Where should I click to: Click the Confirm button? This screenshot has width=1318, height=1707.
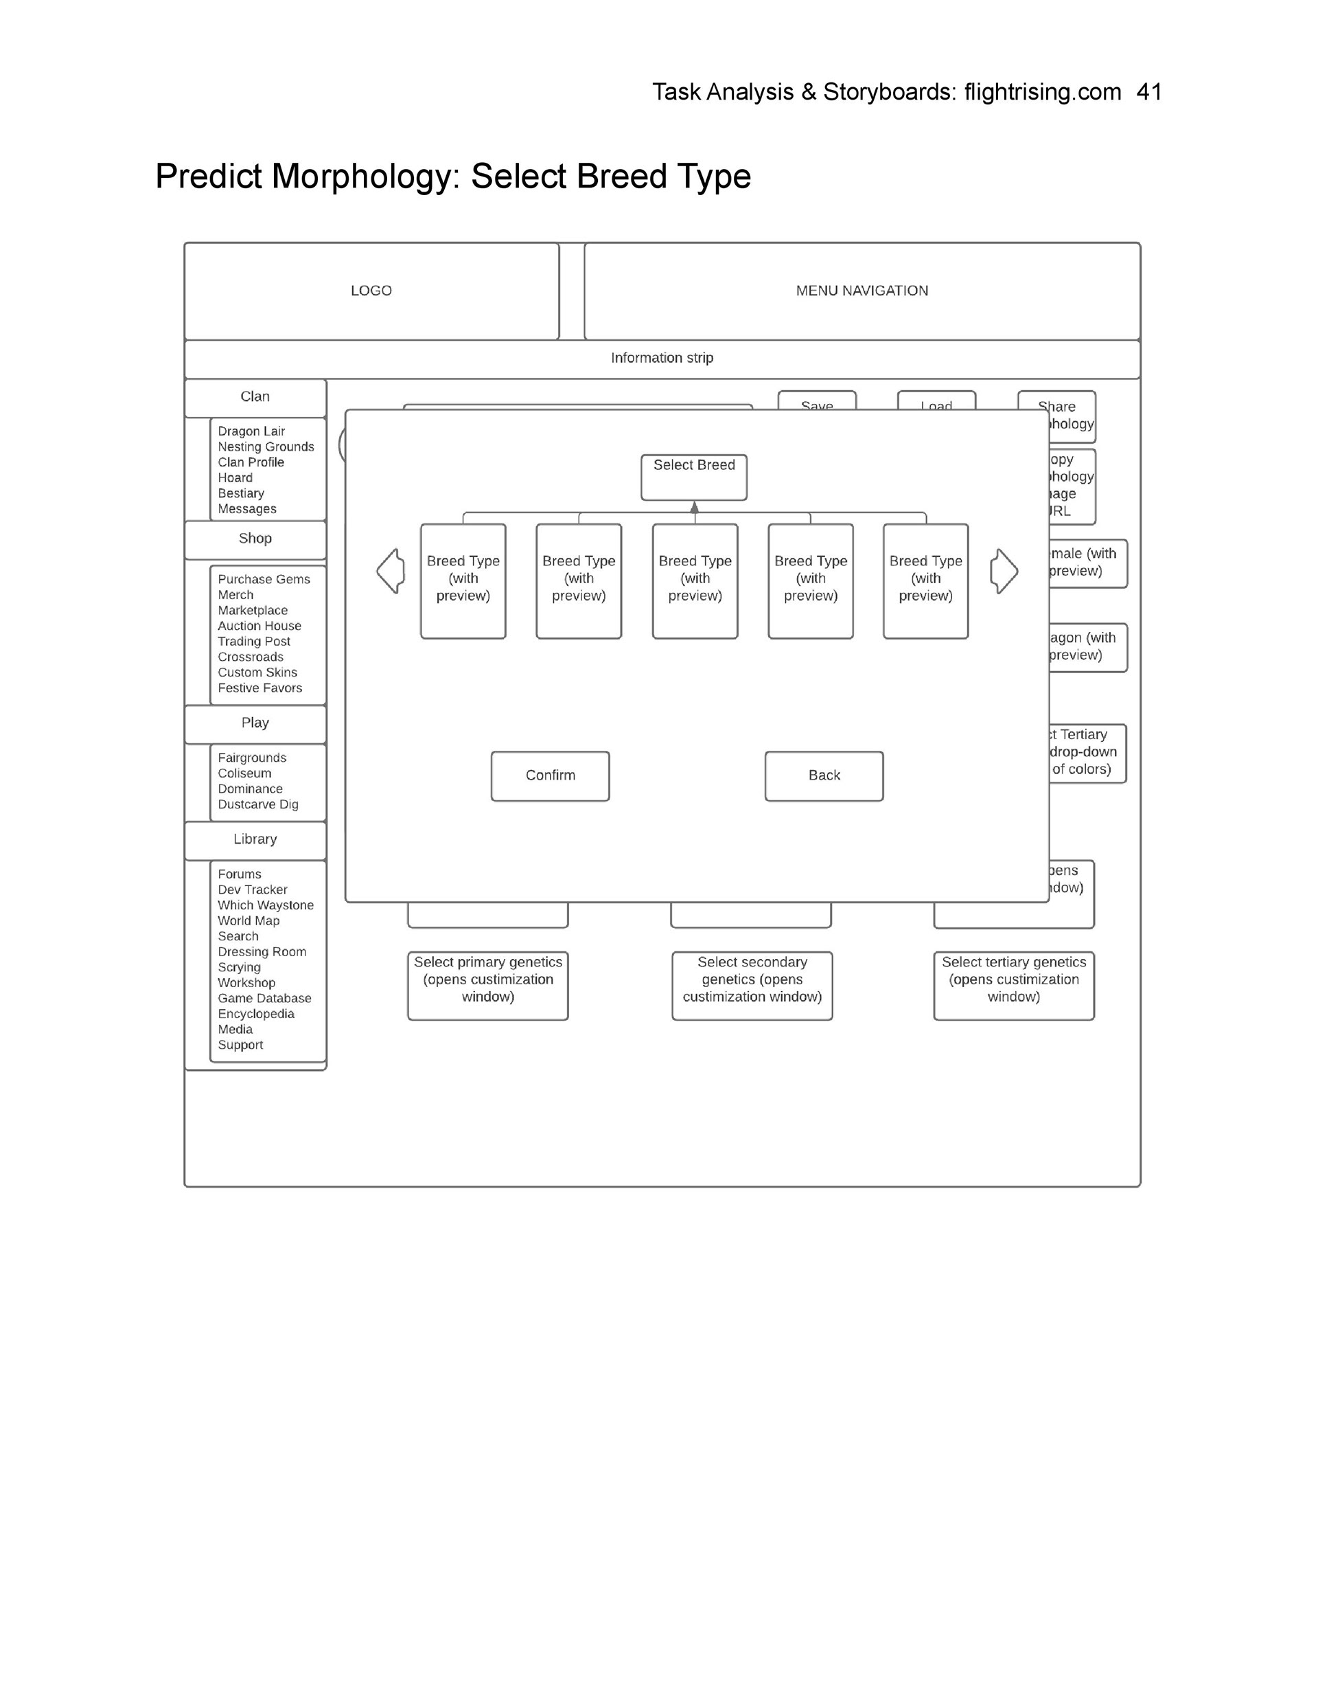coord(550,776)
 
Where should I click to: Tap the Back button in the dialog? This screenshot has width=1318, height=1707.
coord(824,776)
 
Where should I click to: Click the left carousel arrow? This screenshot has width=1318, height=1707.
coord(391,572)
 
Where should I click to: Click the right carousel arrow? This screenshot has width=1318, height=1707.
coord(1004,572)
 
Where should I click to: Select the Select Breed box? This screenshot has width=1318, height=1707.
coord(694,476)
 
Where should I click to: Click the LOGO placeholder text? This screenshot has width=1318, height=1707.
coord(371,291)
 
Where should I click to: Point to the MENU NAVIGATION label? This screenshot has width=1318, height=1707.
coord(862,291)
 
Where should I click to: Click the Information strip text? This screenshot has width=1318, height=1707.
coord(662,358)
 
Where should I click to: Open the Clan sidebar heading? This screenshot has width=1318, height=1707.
coord(255,397)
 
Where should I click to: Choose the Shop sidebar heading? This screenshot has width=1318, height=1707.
coord(255,539)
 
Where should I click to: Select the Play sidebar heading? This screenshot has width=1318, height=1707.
coord(255,723)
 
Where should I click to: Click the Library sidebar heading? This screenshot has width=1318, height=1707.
coord(255,839)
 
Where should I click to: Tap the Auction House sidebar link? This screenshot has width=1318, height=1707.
coord(259,626)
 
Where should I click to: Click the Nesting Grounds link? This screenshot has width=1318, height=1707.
coord(266,447)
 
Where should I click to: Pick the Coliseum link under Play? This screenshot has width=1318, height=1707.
coord(244,773)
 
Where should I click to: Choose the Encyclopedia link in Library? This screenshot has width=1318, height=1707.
coord(255,1015)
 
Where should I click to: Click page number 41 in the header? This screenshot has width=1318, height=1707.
coord(1148,92)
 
